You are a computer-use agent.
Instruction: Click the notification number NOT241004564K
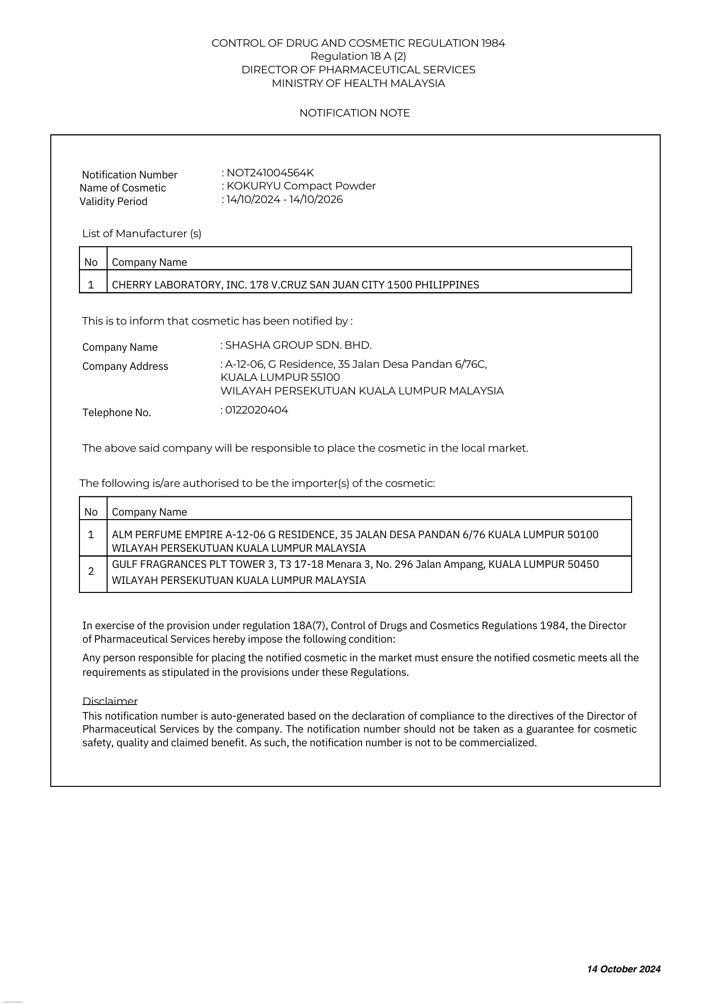click(270, 173)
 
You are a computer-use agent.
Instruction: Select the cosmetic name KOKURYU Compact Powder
click(301, 186)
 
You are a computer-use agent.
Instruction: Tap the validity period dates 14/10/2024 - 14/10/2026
click(285, 199)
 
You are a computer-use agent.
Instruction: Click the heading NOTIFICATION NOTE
click(354, 113)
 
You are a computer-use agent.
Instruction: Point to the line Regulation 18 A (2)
click(358, 56)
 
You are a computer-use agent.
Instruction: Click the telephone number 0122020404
click(256, 410)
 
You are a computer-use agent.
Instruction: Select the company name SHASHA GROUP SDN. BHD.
click(298, 345)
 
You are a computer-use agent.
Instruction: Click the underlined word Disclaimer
click(110, 701)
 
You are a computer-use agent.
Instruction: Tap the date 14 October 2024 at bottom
click(624, 969)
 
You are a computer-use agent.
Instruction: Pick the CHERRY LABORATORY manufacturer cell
click(295, 285)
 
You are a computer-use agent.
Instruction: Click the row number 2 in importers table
click(91, 571)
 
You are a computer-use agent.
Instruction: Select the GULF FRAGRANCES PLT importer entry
click(355, 572)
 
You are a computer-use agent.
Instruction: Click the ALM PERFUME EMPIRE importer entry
click(355, 541)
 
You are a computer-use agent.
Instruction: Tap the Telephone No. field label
click(117, 413)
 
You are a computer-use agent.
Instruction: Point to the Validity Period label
click(114, 202)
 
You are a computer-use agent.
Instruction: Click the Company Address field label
click(125, 366)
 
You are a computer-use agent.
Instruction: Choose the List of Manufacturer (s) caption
click(142, 234)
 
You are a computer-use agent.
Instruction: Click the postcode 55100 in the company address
click(325, 377)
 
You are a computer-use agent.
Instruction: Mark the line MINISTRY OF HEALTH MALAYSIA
click(358, 83)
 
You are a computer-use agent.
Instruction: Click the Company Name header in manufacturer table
click(149, 262)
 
